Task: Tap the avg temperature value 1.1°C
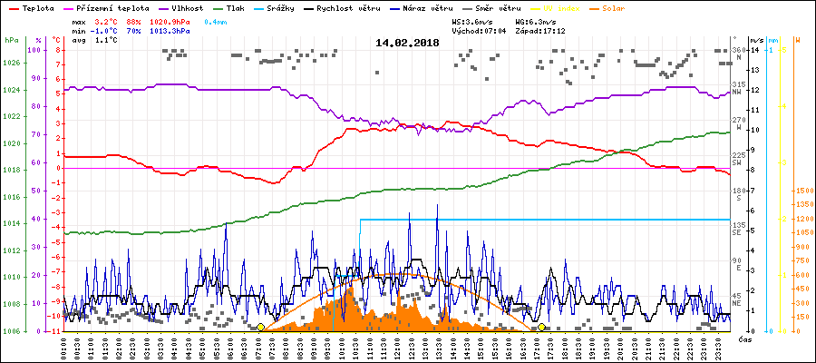[105, 40]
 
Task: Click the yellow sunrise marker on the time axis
[261, 327]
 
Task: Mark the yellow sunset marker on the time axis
[541, 327]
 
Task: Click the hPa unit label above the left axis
[11, 40]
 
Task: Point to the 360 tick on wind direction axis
[738, 49]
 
